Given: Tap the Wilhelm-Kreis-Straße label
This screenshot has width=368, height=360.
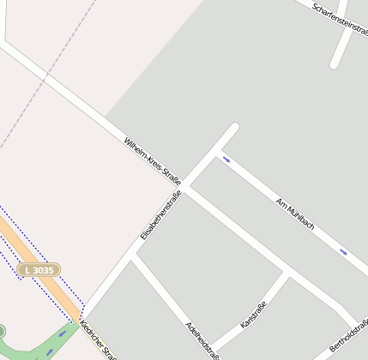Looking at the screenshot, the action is click(x=152, y=160).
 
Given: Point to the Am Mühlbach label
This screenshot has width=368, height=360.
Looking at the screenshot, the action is click(x=294, y=214).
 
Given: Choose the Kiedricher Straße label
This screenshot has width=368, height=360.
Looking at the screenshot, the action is click(x=96, y=341).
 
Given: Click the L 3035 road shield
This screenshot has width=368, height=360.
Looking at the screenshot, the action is click(x=39, y=270).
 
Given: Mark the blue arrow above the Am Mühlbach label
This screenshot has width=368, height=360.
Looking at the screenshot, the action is click(x=226, y=159).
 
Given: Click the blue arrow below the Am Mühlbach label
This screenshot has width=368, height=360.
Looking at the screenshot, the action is click(x=344, y=252).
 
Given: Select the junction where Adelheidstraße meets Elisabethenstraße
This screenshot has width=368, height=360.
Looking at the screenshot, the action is click(x=135, y=255).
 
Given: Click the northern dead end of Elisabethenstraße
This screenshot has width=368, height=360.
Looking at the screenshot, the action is click(x=233, y=129).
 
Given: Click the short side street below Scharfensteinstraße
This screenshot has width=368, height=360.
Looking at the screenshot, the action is click(x=341, y=47).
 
